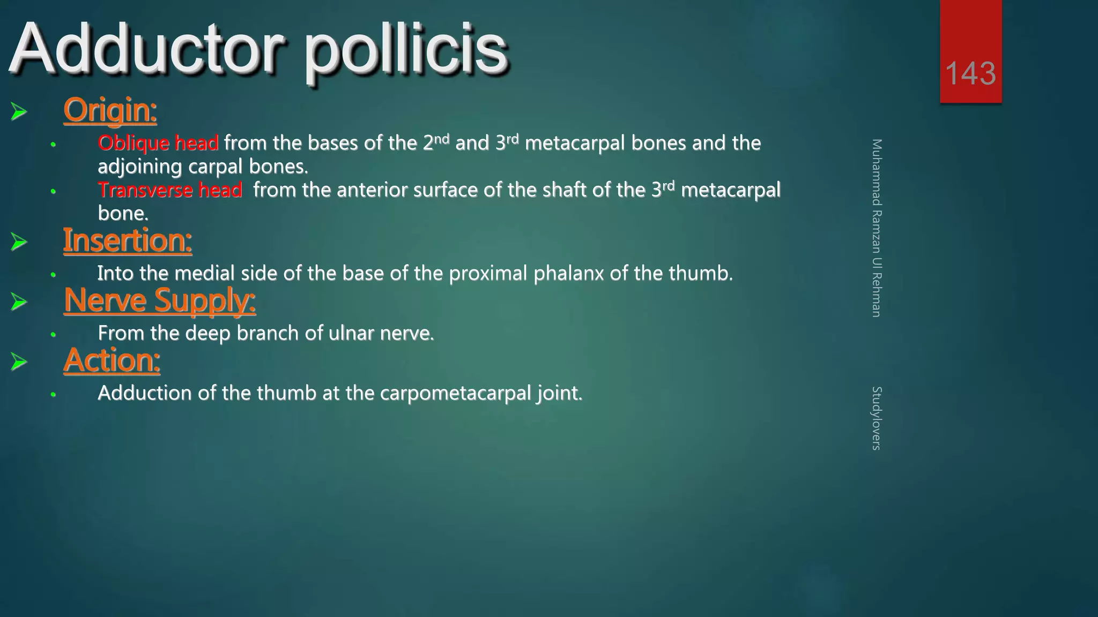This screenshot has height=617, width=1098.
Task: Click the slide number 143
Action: pyautogui.click(x=970, y=73)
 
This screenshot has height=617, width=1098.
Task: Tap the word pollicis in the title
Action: pyautogui.click(x=406, y=51)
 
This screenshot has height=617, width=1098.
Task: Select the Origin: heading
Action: pyautogui.click(x=110, y=110)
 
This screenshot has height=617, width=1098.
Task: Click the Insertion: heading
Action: pyautogui.click(x=128, y=240)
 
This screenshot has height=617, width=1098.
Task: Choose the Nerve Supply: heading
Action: pyautogui.click(x=160, y=300)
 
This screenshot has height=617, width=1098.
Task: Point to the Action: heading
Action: pyautogui.click(x=112, y=360)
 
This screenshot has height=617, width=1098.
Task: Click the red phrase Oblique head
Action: pyautogui.click(x=158, y=143)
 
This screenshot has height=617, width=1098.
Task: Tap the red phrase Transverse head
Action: pyautogui.click(x=170, y=190)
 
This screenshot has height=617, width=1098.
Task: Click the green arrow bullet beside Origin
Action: pyautogui.click(x=19, y=111)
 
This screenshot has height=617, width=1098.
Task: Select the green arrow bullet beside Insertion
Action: pyautogui.click(x=19, y=242)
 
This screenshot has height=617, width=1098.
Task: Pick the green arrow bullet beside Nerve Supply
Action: pyautogui.click(x=19, y=302)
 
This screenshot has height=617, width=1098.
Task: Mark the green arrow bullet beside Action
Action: pyautogui.click(x=19, y=362)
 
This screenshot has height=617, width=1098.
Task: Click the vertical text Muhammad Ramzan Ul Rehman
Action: pyautogui.click(x=877, y=228)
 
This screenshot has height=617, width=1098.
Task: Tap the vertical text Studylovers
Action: pyautogui.click(x=877, y=418)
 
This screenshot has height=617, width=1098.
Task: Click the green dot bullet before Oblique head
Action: pyautogui.click(x=53, y=145)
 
